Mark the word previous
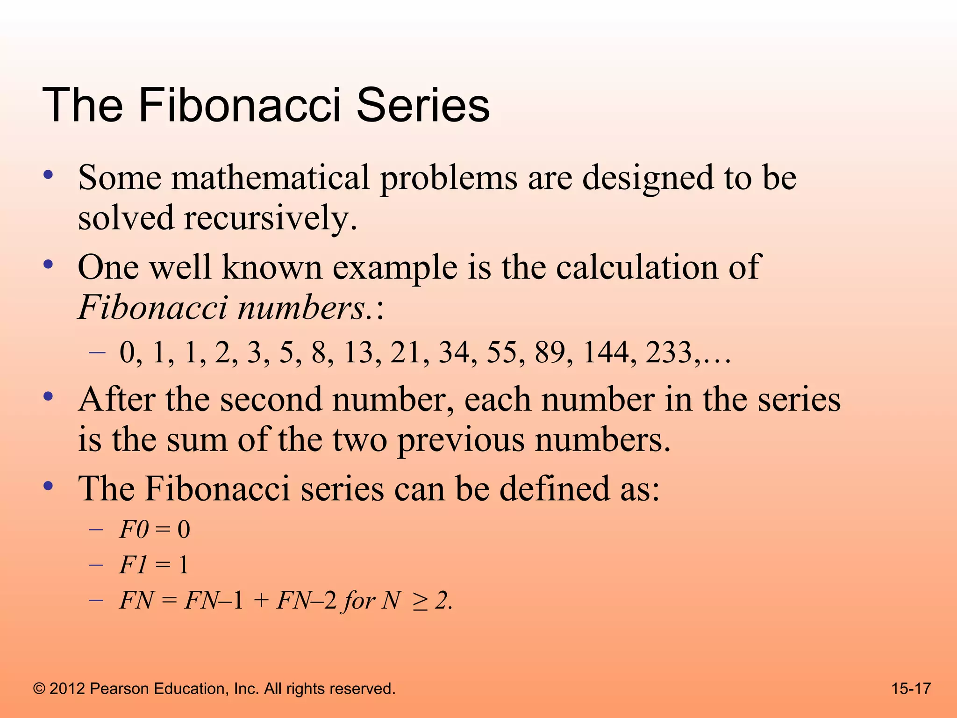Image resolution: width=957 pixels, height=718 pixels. click(461, 440)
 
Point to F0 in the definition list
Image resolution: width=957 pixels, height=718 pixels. click(134, 530)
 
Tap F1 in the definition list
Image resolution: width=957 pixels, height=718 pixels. click(134, 565)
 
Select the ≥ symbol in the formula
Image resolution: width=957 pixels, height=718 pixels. click(419, 601)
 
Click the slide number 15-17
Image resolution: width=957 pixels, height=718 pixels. click(911, 689)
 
